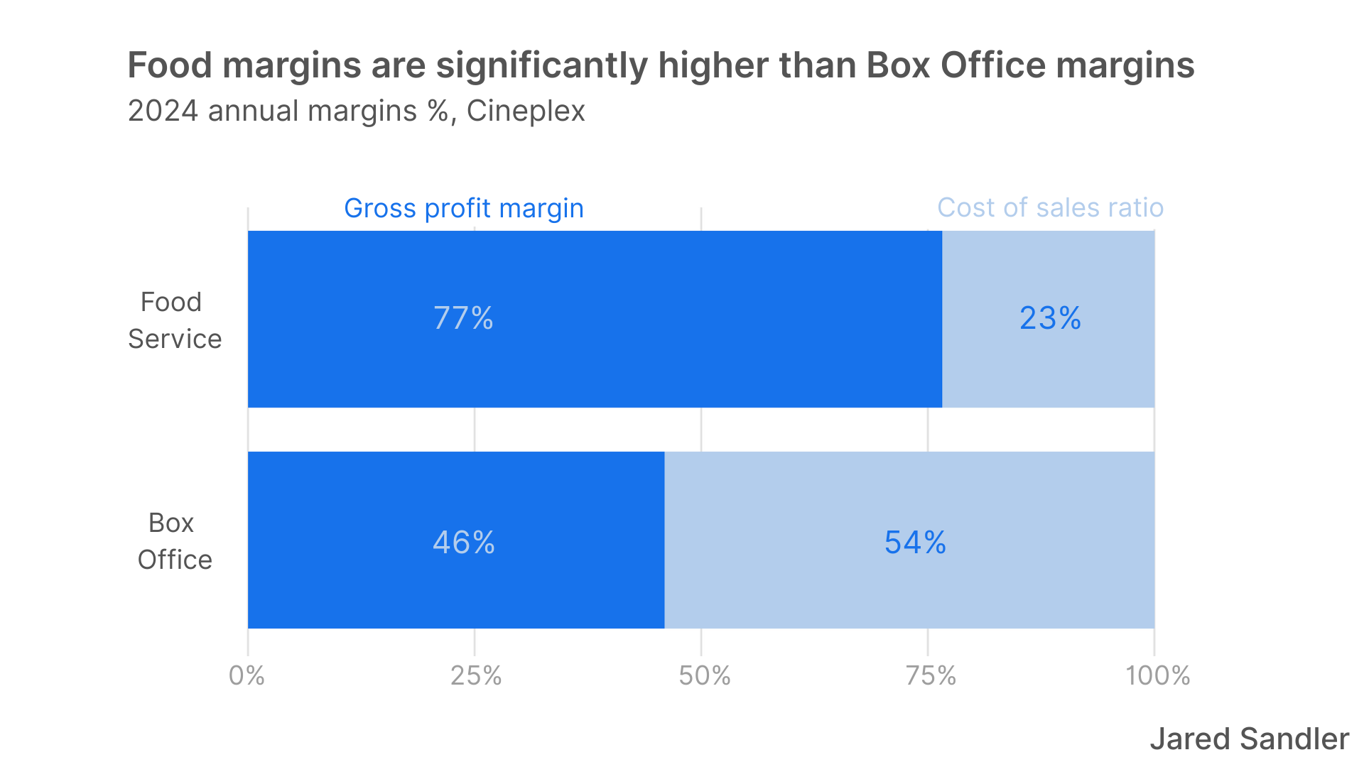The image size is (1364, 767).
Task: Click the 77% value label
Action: pyautogui.click(x=463, y=318)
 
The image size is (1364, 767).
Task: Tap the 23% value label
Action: pyautogui.click(x=1050, y=318)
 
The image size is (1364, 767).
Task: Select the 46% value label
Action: pyautogui.click(x=463, y=543)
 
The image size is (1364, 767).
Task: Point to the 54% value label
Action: pyautogui.click(x=915, y=543)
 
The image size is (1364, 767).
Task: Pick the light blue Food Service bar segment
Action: pyautogui.click(x=1049, y=369)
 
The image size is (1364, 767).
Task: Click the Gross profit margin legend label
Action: pyautogui.click(x=464, y=208)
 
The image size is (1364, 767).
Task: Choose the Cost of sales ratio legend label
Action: pyautogui.click(x=1050, y=207)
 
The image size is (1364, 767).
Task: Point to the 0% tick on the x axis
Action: pyautogui.click(x=247, y=675)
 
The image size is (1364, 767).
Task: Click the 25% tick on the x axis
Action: pyautogui.click(x=475, y=675)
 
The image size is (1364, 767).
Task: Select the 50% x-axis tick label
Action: pyautogui.click(x=704, y=675)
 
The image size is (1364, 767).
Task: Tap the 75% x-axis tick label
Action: pyautogui.click(x=931, y=675)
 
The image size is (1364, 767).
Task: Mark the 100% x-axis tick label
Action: pyautogui.click(x=1157, y=675)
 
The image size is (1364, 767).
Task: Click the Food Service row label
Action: pyautogui.click(x=174, y=320)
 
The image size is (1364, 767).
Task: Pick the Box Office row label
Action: pyautogui.click(x=174, y=541)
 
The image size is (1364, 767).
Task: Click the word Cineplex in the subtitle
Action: pyautogui.click(x=526, y=111)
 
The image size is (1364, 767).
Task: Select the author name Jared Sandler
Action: pyautogui.click(x=1249, y=739)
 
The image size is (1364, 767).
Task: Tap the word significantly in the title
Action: pyautogui.click(x=541, y=65)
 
